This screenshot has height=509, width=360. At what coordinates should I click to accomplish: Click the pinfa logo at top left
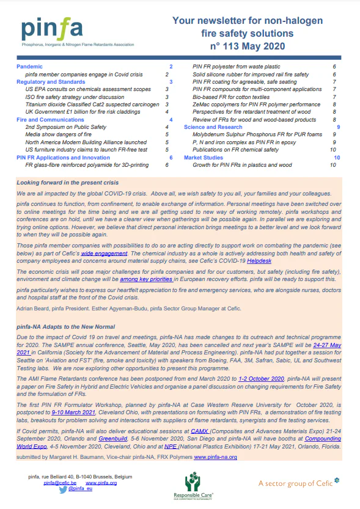[61, 29]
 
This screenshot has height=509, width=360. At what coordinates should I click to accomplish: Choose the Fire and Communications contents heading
[48, 120]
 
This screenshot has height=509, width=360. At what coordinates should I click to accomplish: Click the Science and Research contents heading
[213, 127]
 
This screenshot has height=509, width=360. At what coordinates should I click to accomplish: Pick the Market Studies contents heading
[204, 158]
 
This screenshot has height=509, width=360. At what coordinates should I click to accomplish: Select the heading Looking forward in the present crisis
[67, 183]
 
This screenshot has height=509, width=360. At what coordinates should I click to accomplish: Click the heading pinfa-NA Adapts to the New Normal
[65, 327]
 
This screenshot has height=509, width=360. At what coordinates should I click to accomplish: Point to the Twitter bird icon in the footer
[62, 489]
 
